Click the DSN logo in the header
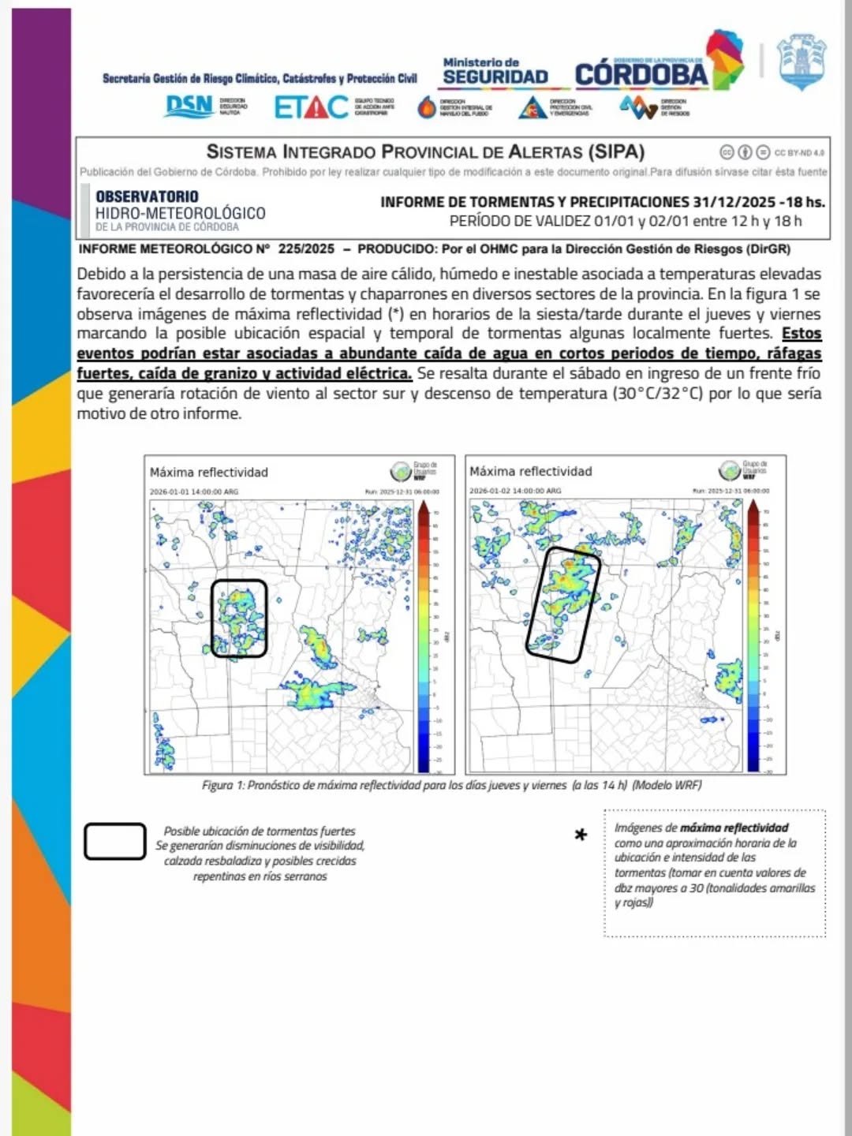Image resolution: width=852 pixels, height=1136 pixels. (x=189, y=106)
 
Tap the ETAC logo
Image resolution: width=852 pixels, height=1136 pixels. (x=311, y=106)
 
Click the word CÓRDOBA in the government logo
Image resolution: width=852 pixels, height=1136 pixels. (x=641, y=76)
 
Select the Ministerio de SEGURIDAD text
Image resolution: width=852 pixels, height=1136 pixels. (x=495, y=72)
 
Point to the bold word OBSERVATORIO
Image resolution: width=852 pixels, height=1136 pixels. (x=147, y=196)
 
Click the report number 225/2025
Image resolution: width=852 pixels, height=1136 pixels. (x=306, y=249)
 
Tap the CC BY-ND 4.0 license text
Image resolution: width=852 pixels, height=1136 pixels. (x=799, y=152)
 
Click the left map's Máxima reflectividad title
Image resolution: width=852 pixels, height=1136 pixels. (x=209, y=473)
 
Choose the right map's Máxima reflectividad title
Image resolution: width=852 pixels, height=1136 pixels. (x=530, y=472)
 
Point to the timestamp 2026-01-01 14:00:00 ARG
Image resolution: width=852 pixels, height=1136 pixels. (x=194, y=491)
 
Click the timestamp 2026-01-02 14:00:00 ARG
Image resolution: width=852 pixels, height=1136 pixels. (x=515, y=491)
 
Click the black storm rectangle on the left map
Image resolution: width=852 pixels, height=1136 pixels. (x=239, y=582)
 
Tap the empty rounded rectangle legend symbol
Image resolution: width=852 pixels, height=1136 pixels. (x=115, y=841)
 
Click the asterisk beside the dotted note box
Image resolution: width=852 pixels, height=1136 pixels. (x=581, y=835)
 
